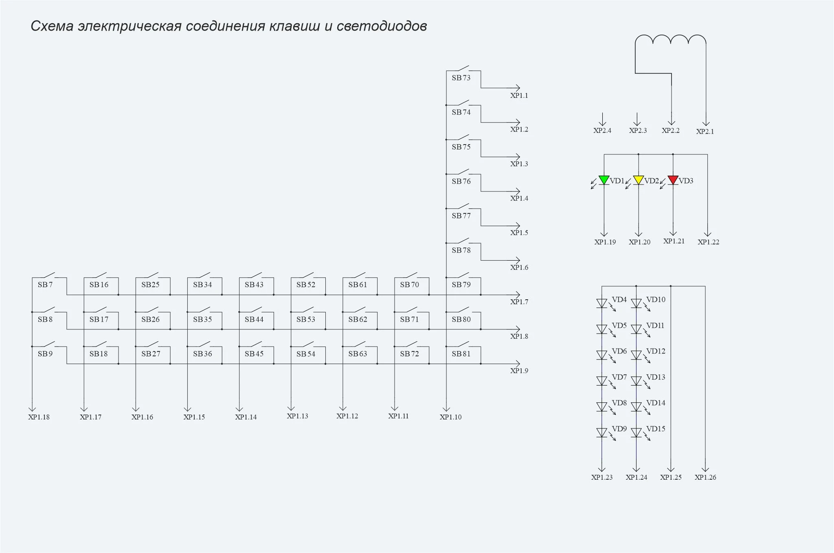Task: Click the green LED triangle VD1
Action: (604, 180)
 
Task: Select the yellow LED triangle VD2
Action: (639, 180)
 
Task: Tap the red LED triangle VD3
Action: (673, 180)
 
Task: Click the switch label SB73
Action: (461, 78)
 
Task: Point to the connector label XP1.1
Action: (519, 96)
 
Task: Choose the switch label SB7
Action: (45, 285)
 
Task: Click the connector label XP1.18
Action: (39, 417)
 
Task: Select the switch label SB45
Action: (254, 354)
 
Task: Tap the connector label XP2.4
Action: (602, 131)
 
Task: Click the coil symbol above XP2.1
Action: (671, 39)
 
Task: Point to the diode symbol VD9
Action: (602, 433)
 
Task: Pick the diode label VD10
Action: (656, 300)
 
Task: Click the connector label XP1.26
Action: (705, 477)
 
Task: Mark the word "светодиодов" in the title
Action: (382, 26)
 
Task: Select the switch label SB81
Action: (461, 354)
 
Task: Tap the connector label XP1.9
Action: (519, 371)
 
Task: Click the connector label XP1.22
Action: (709, 242)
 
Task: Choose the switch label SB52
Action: (306, 285)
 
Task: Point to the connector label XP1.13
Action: (297, 416)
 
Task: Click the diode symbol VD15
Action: (636, 433)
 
